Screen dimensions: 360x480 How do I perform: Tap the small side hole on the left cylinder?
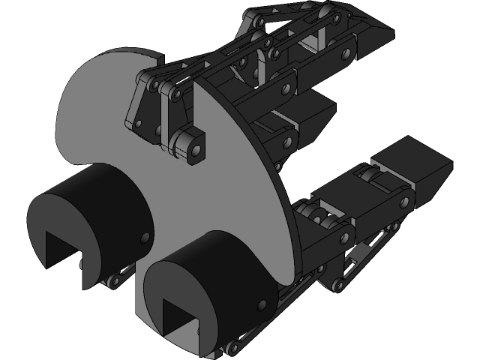[x=142, y=236]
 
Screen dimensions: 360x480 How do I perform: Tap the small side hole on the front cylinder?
[x=262, y=304]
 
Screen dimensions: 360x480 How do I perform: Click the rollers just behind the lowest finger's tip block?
[x=373, y=181]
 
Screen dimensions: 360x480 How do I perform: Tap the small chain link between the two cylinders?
[x=120, y=277]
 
